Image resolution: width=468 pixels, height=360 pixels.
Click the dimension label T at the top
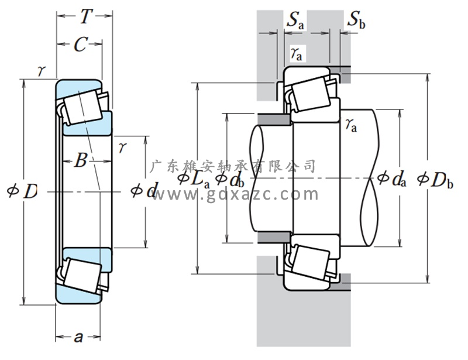coord(86,17)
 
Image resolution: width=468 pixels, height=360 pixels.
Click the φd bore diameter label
coord(143,190)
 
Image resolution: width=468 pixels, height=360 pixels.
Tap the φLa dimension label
coord(193,180)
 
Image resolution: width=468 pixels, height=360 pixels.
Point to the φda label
coord(391,179)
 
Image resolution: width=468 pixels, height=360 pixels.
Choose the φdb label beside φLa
coord(229,180)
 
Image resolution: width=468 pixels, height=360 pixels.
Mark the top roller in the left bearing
coord(82,105)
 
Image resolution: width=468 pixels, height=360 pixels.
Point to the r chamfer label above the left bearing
coord(41,71)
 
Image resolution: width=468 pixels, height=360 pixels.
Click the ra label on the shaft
coord(350,125)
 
